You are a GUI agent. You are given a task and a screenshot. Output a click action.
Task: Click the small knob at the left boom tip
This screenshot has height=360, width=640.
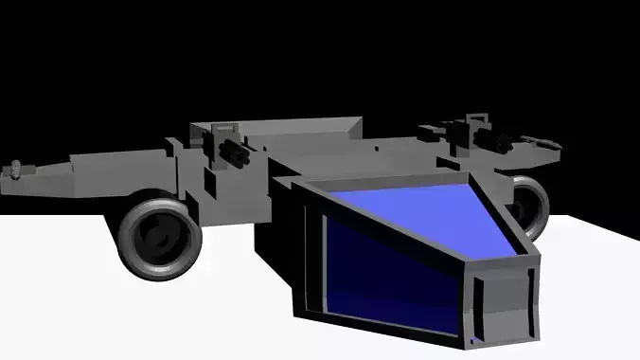pos(16,171)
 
